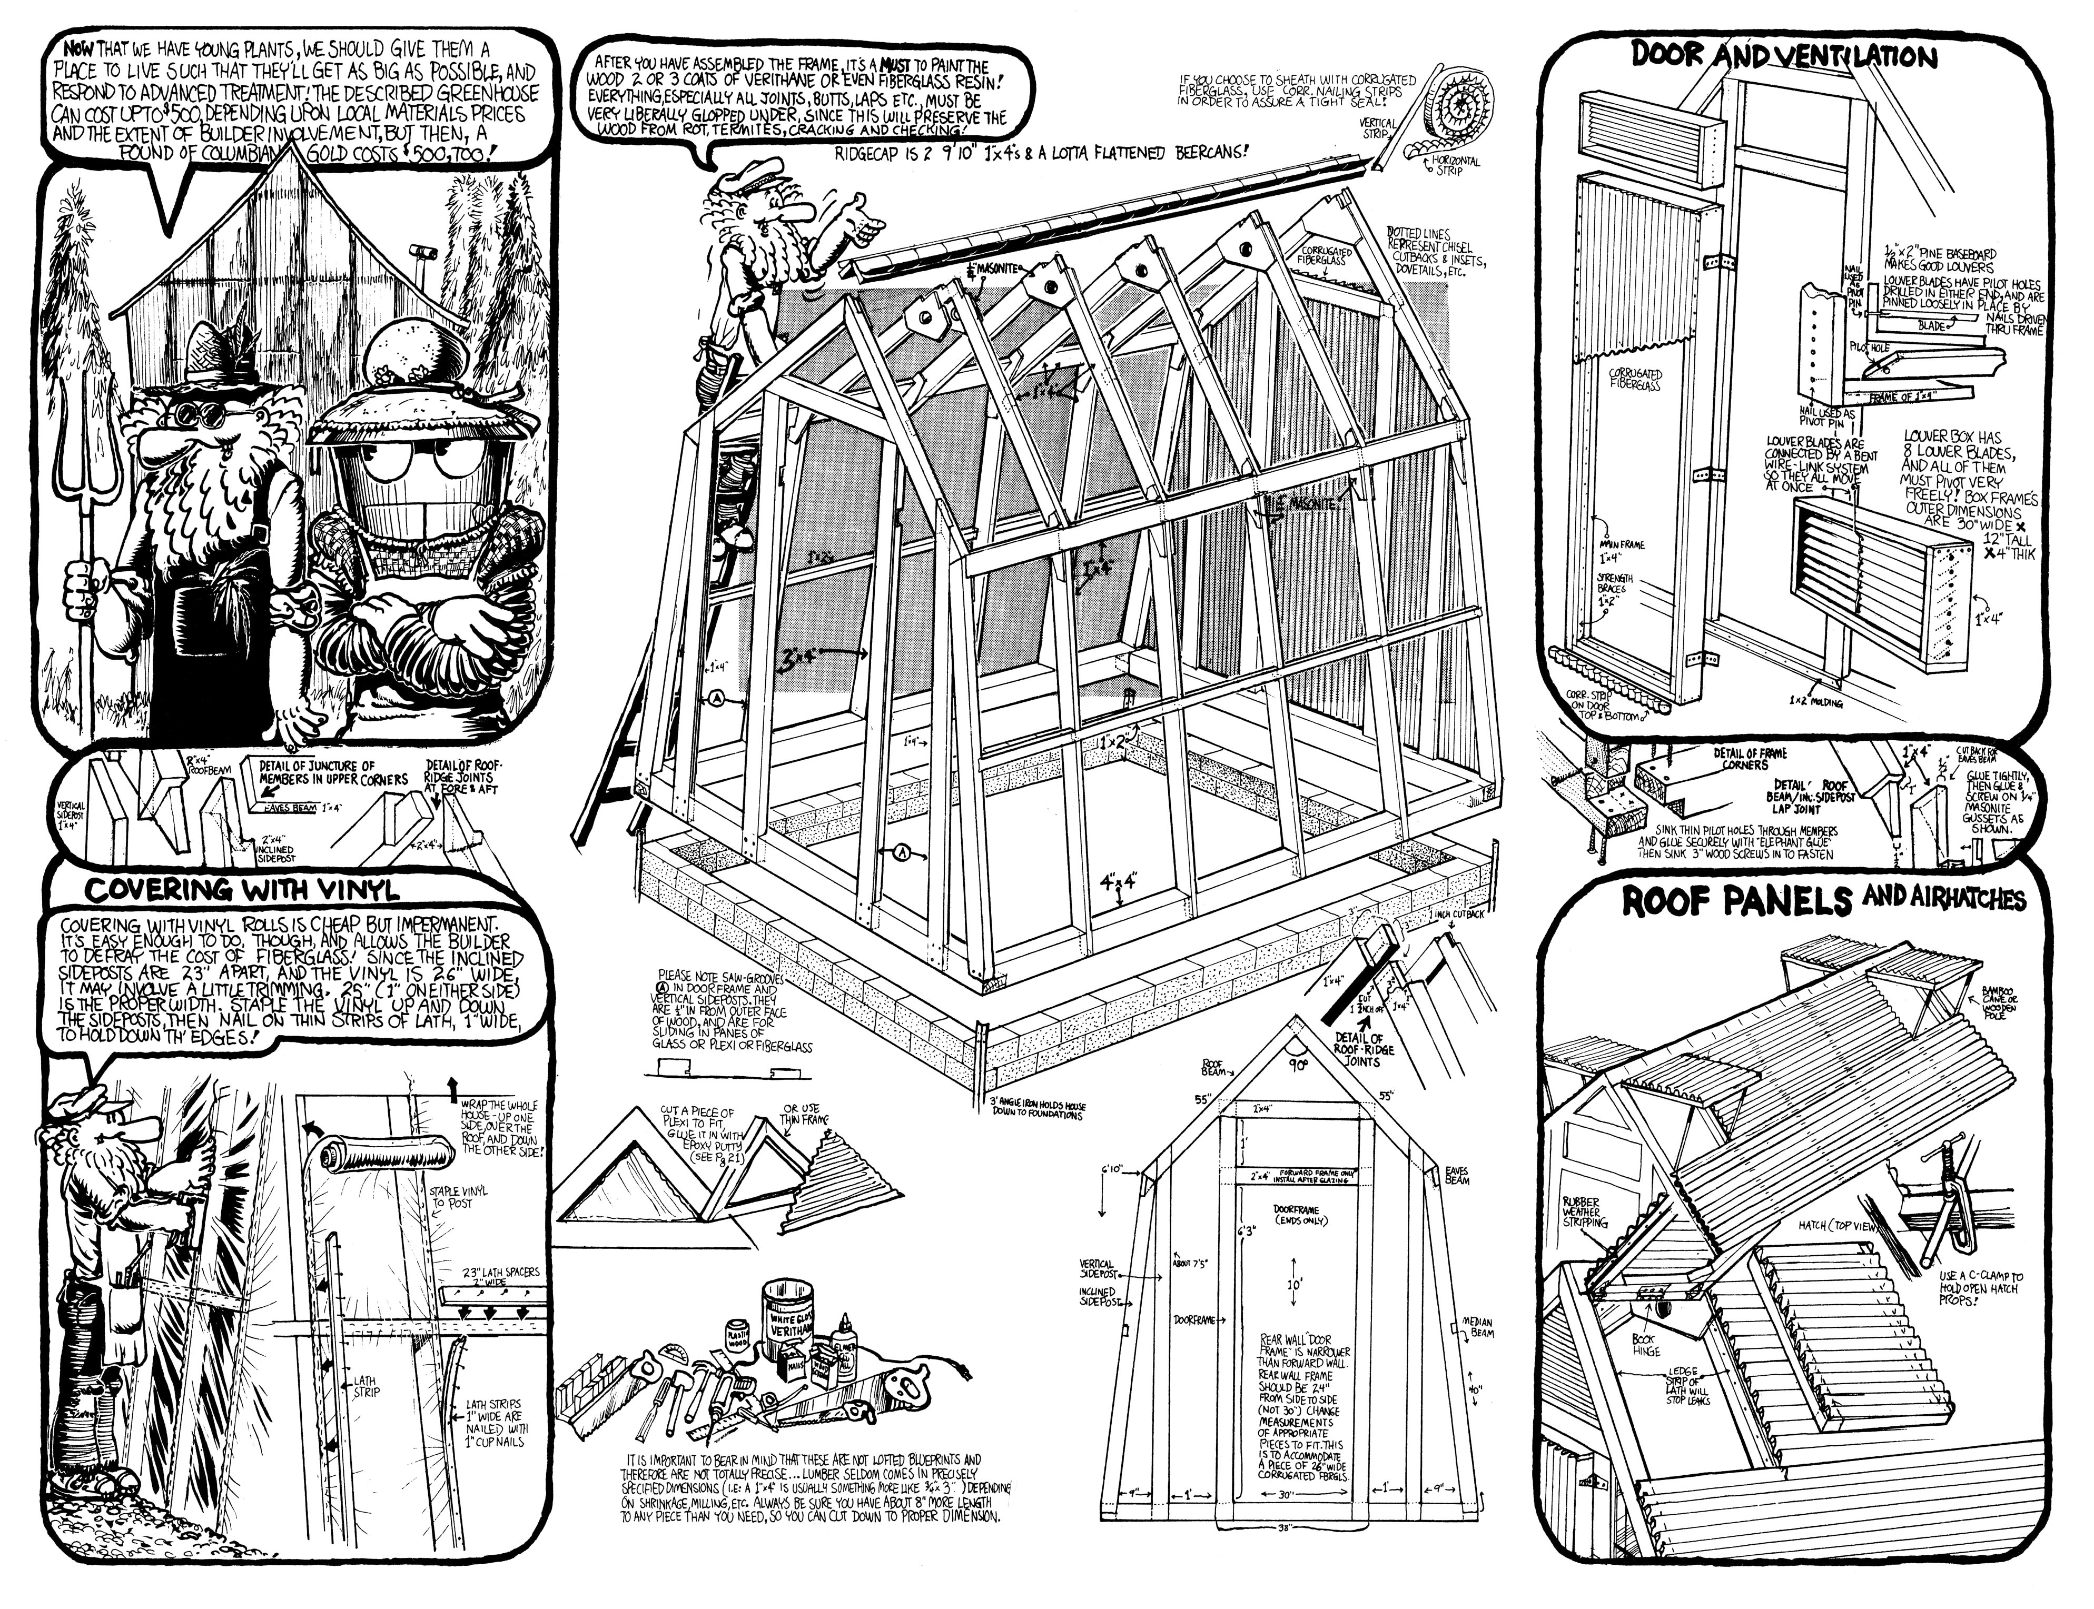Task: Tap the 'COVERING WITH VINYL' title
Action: (241, 890)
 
